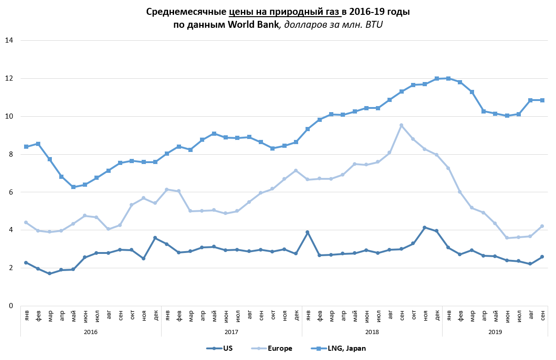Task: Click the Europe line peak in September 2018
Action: tap(401, 125)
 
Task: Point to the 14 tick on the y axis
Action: tap(8, 41)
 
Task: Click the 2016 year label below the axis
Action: tap(91, 332)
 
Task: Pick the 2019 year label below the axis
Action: tap(495, 332)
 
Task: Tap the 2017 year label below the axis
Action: tap(231, 332)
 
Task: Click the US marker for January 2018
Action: tap(307, 232)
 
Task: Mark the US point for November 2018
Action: tap(425, 227)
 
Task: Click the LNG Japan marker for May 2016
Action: tap(73, 187)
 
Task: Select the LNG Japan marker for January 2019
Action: tap(448, 78)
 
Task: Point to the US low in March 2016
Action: tap(50, 273)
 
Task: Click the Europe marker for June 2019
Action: tap(507, 238)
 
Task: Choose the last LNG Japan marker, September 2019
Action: tap(542, 100)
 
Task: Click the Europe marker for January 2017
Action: tap(167, 189)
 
